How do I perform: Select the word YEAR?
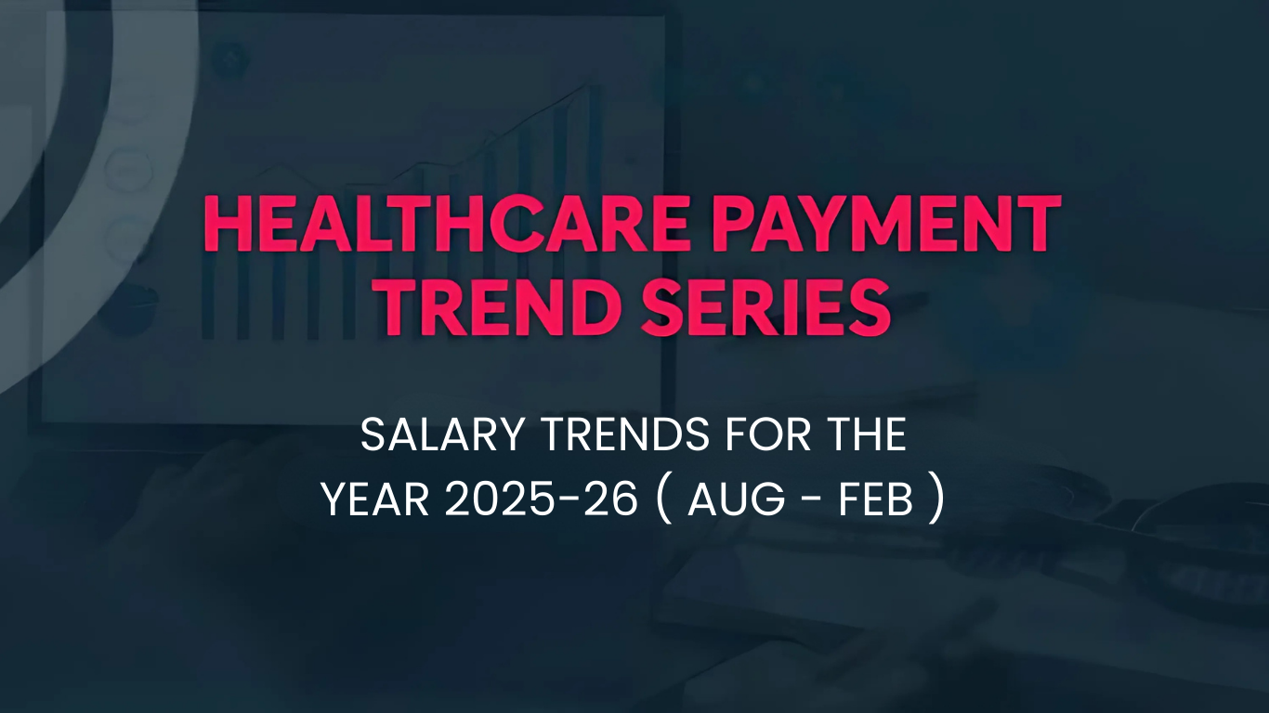[374, 501]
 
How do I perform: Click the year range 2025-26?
[542, 501]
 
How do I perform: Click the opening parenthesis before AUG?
[662, 501]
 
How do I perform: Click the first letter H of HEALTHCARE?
[226, 224]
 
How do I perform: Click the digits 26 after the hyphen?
[608, 501]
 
